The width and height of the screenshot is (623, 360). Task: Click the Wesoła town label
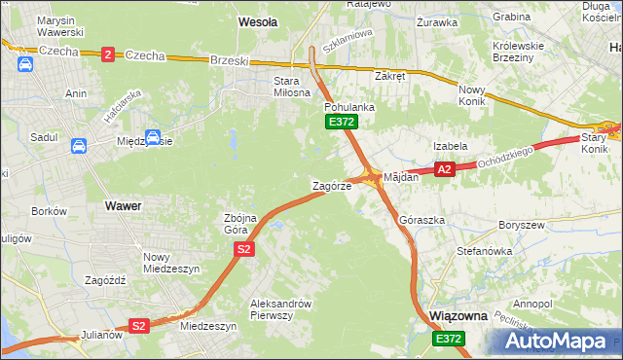point(258,20)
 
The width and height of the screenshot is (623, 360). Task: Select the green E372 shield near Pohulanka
point(342,122)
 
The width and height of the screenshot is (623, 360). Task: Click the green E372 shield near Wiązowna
point(449,338)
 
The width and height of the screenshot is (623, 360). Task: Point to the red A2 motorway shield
point(444,169)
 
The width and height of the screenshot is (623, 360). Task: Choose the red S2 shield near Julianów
point(139,326)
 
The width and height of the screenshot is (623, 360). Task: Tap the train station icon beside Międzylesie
point(153,138)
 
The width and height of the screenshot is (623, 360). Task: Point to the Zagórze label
point(330,185)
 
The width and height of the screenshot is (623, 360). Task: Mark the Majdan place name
point(401,178)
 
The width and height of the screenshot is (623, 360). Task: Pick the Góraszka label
point(422,221)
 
